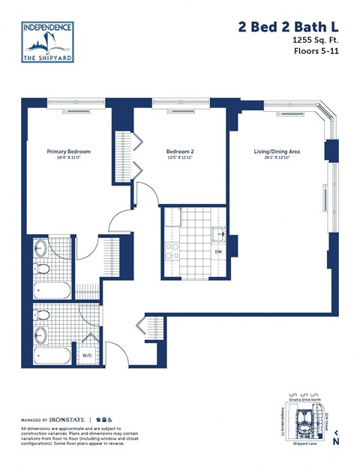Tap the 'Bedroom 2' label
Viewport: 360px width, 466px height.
coord(180,151)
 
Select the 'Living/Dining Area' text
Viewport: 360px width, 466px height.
coord(277,152)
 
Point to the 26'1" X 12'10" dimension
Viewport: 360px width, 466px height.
coord(277,158)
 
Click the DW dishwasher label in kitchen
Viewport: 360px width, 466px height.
coord(217,252)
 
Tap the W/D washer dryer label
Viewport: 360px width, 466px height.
coord(86,355)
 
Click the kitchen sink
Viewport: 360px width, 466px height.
coord(218,234)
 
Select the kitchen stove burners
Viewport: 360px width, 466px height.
coord(172,251)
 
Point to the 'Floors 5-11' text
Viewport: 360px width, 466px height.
coord(315,53)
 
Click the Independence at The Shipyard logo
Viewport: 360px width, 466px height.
coord(47,43)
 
